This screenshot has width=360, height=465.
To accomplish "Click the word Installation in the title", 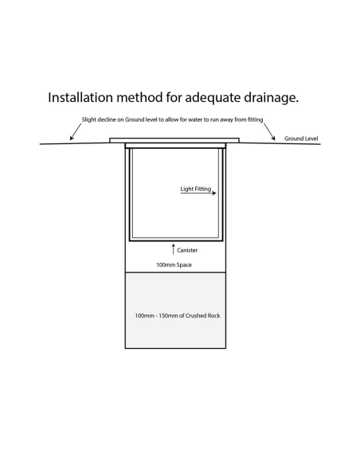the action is point(80,97).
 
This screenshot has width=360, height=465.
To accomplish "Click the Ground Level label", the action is point(301,139).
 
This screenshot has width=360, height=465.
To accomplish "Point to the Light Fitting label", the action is point(196,189).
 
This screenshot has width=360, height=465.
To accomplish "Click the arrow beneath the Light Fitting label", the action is point(198,193).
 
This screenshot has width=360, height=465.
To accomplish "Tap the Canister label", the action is point(187,250).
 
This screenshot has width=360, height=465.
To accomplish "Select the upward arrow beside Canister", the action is point(174,249).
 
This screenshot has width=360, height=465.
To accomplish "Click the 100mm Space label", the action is point(174,265).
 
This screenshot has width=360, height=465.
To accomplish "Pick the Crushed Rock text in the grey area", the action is point(203,315).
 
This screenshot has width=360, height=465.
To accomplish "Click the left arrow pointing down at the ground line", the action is point(76,131).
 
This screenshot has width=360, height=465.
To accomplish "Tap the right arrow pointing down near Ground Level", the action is point(269,131).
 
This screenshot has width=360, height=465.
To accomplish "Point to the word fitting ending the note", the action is point(256,119).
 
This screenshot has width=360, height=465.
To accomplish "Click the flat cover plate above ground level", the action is point(174,140).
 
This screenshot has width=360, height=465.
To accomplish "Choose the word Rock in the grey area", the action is point(213,315).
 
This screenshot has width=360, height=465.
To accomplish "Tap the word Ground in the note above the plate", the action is point(135,119).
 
